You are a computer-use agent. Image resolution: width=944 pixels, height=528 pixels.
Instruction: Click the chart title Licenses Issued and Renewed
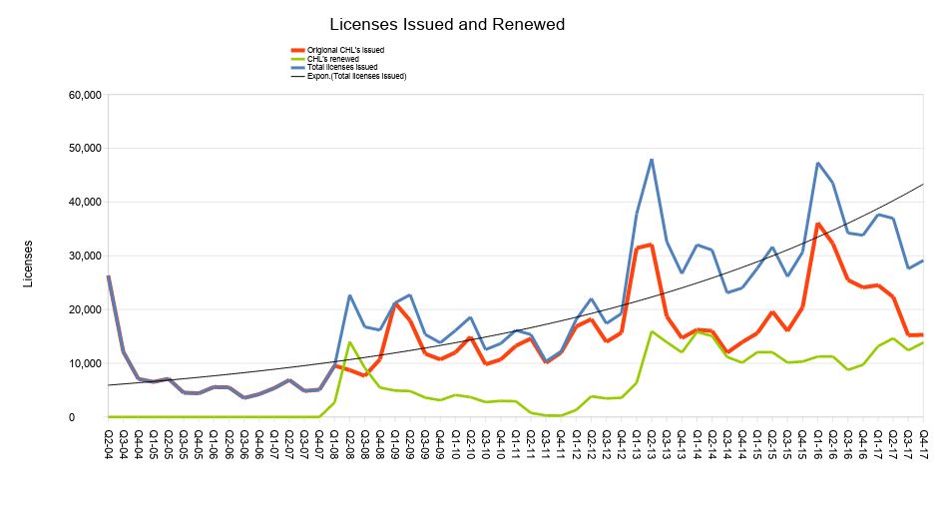[x=447, y=24]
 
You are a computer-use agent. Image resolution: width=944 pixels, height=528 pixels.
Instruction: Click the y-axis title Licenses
[x=28, y=263]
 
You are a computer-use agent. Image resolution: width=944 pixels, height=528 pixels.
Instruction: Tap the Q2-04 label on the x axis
[x=109, y=441]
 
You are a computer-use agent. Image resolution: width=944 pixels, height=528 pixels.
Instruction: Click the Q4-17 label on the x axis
[x=923, y=441]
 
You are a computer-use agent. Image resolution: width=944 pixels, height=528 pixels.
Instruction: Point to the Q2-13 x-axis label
[x=652, y=441]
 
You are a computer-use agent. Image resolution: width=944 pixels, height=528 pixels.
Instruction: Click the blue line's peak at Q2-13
[x=652, y=160]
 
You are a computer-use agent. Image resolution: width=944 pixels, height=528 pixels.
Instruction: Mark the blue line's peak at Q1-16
[x=818, y=163]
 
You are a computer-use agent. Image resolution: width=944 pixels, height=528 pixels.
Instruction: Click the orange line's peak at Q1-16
[x=818, y=224]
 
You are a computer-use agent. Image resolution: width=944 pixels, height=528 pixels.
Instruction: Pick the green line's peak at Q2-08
[x=350, y=342]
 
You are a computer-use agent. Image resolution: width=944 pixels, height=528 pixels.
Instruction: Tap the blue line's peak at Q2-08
[x=350, y=295]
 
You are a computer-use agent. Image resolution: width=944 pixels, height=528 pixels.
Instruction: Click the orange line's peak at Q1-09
[x=395, y=304]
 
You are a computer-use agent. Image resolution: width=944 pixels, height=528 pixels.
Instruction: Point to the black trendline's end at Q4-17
[x=923, y=184]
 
